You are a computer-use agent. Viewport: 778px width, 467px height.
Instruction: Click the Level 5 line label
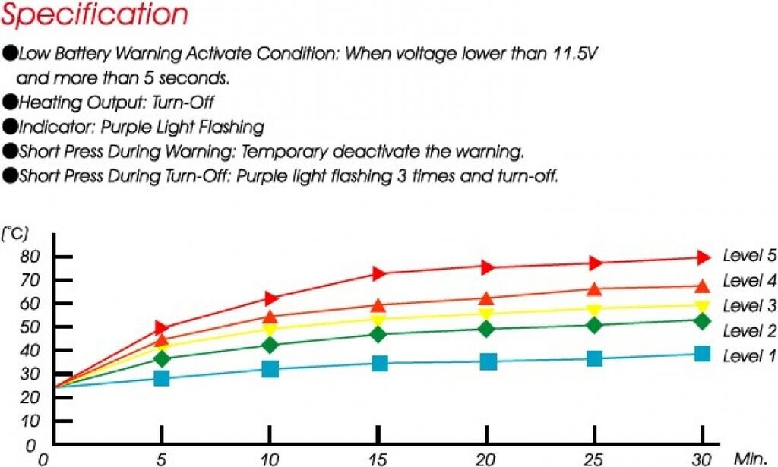[x=749, y=256]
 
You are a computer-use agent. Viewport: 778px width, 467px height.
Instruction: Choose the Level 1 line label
[x=749, y=356]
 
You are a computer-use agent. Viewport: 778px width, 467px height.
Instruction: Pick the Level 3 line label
[x=749, y=306]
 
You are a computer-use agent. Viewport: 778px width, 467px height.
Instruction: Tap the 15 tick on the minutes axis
[x=378, y=459]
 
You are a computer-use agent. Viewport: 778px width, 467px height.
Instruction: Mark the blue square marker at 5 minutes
[x=161, y=377]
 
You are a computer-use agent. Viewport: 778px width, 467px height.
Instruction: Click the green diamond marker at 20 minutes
[x=486, y=329]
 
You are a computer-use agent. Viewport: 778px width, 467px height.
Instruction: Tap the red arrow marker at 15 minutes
[x=379, y=273]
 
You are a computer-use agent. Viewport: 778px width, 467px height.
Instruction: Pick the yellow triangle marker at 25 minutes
[x=594, y=310]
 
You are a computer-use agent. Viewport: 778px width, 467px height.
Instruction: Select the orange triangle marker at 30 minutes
[x=702, y=286]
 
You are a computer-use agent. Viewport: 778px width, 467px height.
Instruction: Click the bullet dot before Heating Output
[x=10, y=102]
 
